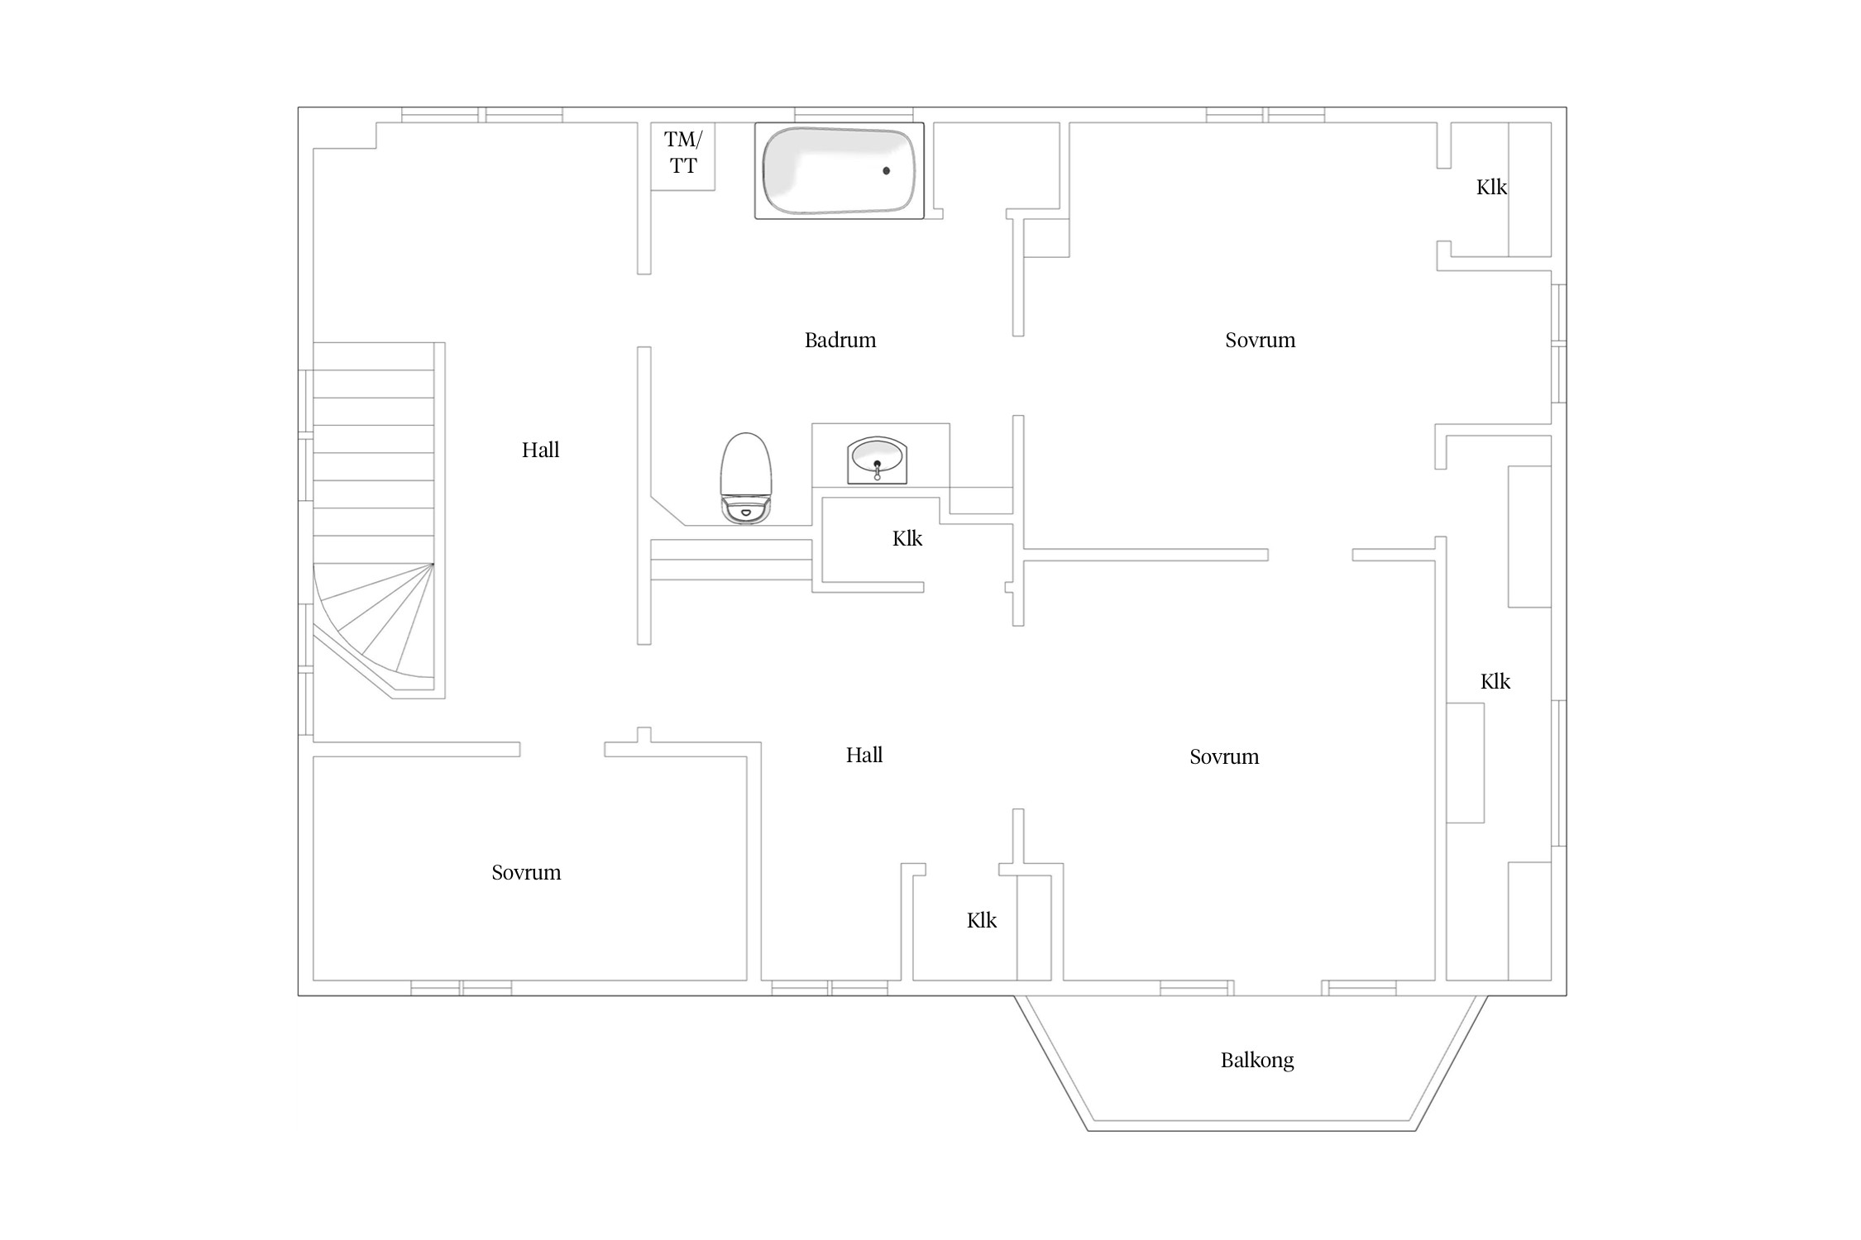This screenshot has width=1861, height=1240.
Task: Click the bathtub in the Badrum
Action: pos(839,170)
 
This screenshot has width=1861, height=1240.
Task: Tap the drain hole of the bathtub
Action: pos(887,171)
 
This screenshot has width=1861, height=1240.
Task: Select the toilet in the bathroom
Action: pos(746,479)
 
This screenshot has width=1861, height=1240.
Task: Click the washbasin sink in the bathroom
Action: pos(878,460)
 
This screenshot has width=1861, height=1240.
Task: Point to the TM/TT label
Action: pos(683,153)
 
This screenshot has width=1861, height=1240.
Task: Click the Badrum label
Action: pos(840,340)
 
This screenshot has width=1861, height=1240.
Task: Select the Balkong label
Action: pos(1257,1061)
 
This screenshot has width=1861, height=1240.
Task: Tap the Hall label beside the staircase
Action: pos(540,450)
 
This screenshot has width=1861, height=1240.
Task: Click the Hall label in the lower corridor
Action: pos(864,755)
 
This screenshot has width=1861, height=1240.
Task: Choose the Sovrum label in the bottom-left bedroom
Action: pos(526,872)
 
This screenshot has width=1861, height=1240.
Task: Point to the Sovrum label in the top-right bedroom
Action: pos(1260,340)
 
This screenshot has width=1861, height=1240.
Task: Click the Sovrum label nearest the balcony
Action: pos(1224,756)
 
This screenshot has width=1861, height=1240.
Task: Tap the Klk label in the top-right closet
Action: pos(1491,188)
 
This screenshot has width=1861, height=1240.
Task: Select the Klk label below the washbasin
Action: pos(907,539)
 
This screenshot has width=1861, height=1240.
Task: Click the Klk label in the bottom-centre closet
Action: pos(982,920)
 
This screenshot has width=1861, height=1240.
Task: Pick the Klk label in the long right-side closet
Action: pos(1495,682)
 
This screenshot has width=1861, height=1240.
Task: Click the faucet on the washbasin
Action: pos(878,470)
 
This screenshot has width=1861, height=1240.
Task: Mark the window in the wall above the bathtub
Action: pos(854,114)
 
